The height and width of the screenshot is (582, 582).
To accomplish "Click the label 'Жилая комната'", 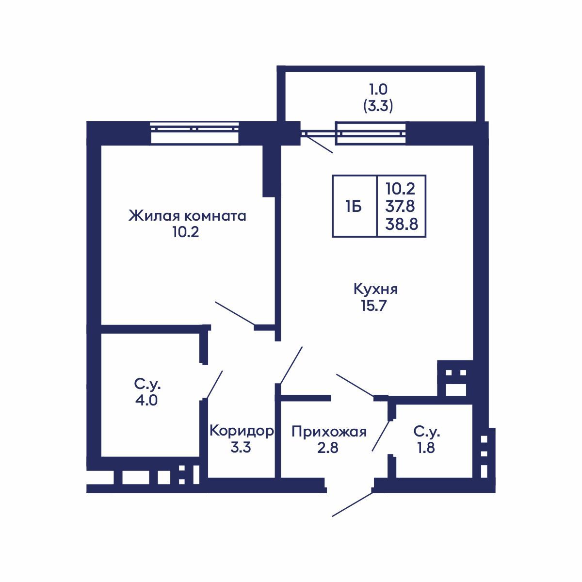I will tap(187, 216).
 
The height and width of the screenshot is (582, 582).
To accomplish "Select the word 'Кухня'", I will tap(376, 290).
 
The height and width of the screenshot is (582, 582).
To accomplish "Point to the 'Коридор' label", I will tap(241, 431).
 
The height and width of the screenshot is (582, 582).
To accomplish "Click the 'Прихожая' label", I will tap(328, 431).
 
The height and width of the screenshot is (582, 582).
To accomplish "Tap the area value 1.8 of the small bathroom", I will tap(426, 448).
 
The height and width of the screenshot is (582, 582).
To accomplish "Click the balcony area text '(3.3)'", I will tap(378, 106).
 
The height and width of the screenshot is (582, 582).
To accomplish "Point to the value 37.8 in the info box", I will tap(400, 207).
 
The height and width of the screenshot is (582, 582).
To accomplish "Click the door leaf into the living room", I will tap(235, 313).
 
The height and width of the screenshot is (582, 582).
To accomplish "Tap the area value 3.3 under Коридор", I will tap(240, 448).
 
